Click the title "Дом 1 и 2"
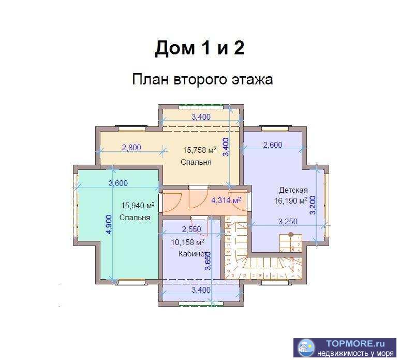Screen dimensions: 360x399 (199, 48)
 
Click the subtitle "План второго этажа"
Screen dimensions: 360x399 (202, 80)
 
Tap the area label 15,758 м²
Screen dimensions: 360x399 (199, 151)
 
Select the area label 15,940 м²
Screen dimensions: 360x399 (138, 205)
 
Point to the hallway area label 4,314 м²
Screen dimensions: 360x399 (226, 200)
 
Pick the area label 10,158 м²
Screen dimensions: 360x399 (187, 242)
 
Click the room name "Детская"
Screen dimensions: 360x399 (293, 190)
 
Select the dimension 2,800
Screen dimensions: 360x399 (131, 148)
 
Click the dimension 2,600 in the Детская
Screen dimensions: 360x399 (273, 145)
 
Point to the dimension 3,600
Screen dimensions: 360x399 (118, 183)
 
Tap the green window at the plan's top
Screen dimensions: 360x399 (201, 107)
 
